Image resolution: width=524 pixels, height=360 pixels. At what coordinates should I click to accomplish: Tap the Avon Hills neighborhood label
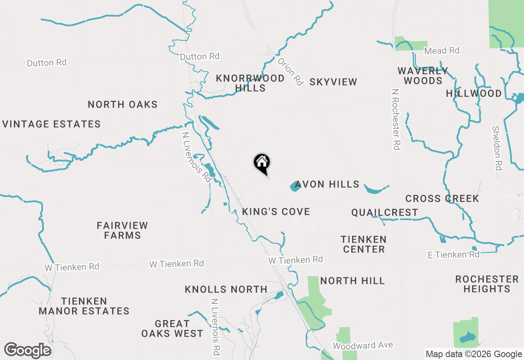click(x=327, y=184)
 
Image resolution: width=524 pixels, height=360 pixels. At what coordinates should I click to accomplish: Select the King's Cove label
click(x=276, y=211)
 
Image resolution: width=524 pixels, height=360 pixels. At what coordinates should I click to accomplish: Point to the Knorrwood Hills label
click(x=250, y=83)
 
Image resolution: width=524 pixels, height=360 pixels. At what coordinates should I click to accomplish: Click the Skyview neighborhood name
click(x=333, y=82)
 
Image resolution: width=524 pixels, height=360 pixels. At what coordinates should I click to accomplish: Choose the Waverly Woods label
click(x=423, y=76)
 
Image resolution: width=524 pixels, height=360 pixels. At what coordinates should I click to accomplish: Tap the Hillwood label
click(x=474, y=94)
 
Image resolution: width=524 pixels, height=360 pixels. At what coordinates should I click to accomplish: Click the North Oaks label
click(x=122, y=104)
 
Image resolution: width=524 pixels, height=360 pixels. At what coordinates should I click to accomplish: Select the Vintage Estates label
click(x=52, y=124)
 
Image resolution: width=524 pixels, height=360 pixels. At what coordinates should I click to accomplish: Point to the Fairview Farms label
click(x=122, y=230)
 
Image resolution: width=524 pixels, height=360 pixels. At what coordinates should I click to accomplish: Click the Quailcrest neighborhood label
click(x=384, y=212)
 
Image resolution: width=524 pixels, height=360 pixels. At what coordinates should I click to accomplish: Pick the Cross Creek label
click(x=442, y=199)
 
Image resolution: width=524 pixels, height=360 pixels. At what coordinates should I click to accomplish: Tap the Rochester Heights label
click(x=487, y=284)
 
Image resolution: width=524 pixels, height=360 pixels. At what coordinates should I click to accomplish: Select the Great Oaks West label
click(x=172, y=328)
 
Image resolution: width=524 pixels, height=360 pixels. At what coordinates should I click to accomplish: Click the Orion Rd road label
click(x=290, y=71)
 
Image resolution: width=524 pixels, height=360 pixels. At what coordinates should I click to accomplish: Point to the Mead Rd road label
click(x=442, y=51)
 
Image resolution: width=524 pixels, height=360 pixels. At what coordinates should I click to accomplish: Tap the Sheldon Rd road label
click(x=497, y=148)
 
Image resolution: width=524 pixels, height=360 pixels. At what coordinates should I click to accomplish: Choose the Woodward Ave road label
click(x=363, y=346)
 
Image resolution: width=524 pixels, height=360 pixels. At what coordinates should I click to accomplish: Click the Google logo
click(x=28, y=351)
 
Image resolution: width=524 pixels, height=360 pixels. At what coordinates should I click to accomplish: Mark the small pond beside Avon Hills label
click(x=295, y=187)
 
